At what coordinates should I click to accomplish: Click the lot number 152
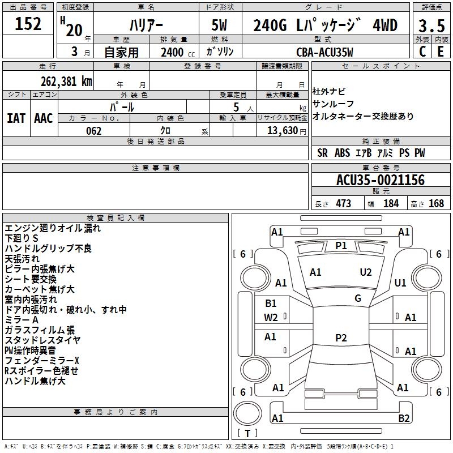28,24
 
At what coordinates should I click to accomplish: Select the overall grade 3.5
431,25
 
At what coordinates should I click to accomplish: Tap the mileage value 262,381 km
66,82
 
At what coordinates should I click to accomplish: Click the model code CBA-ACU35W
324,52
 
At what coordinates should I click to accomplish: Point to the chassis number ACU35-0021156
381,180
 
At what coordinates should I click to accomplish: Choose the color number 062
94,131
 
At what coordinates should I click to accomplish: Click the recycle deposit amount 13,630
283,131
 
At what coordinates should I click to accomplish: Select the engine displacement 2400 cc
178,52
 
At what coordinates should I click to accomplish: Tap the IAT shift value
16,118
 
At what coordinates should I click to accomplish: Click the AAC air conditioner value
44,118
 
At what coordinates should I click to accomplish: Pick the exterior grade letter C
422,52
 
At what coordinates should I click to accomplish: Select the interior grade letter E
441,52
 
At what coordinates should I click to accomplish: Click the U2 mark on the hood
366,272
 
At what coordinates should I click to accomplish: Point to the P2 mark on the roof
341,337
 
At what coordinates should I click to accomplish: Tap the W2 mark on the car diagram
271,318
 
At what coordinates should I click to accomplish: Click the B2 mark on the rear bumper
404,418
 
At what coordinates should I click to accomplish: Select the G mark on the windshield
358,298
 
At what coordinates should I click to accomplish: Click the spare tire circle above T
247,414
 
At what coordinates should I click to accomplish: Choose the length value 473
343,203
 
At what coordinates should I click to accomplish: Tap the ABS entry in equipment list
343,153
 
